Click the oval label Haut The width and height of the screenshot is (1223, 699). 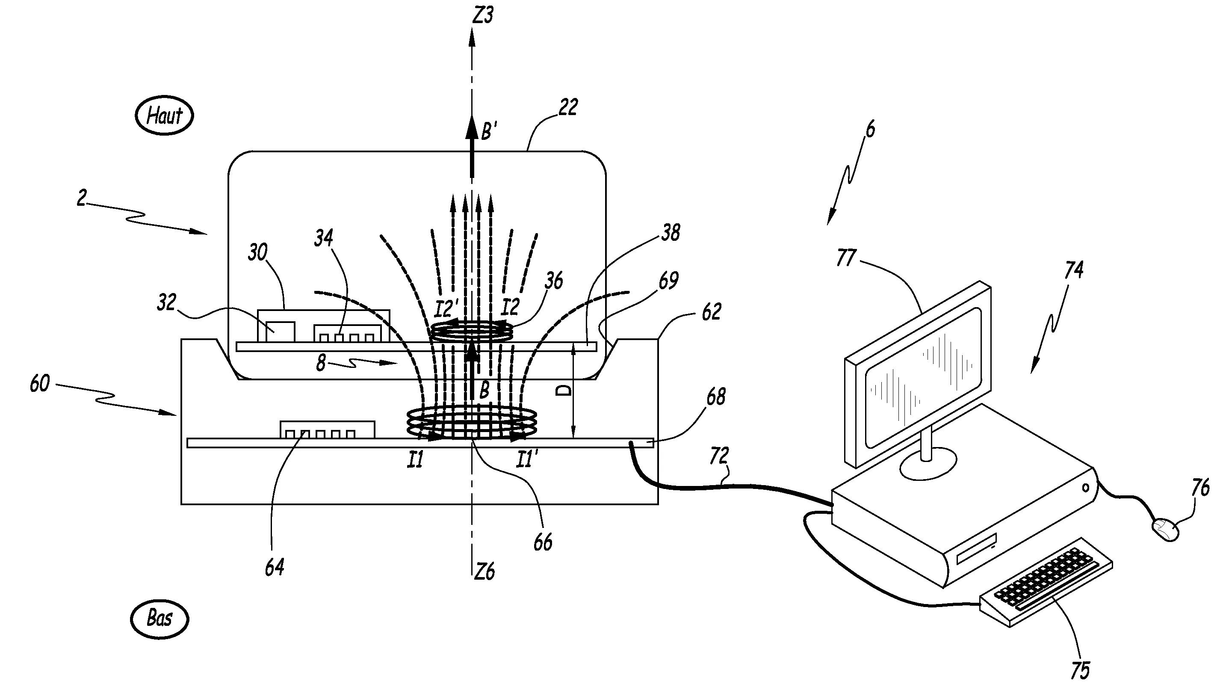point(164,116)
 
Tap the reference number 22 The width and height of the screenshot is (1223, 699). point(568,107)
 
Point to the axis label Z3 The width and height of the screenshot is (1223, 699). point(483,15)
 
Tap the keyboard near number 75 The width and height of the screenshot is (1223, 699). point(1046,582)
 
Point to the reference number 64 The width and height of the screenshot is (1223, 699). point(275,567)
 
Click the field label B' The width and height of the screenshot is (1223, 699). point(488,131)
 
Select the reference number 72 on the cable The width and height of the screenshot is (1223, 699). point(719,456)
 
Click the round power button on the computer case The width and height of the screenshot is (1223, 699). point(1086,488)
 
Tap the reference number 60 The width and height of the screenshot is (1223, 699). point(39,384)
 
